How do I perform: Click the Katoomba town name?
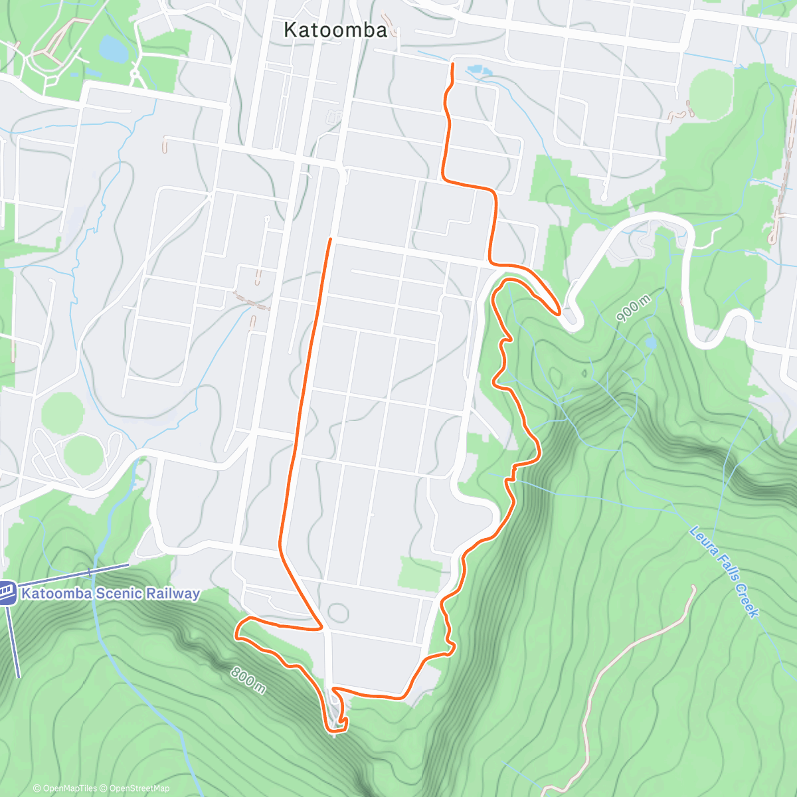pos(335,30)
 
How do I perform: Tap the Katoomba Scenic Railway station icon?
pos(7,592)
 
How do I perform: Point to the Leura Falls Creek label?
pos(724,571)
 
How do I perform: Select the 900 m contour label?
pos(633,310)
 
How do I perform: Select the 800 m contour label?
pos(248,680)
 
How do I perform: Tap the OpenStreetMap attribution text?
pos(139,788)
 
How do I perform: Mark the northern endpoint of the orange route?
pos(453,64)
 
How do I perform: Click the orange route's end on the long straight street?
pos(330,238)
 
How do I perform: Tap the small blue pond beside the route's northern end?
pos(475,69)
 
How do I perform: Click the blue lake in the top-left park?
pos(112,48)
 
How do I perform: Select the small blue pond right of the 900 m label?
pos(650,343)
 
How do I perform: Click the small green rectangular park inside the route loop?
pos(420,573)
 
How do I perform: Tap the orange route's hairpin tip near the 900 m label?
pos(559,311)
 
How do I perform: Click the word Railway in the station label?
pos(175,593)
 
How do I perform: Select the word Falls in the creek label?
pos(727,567)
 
